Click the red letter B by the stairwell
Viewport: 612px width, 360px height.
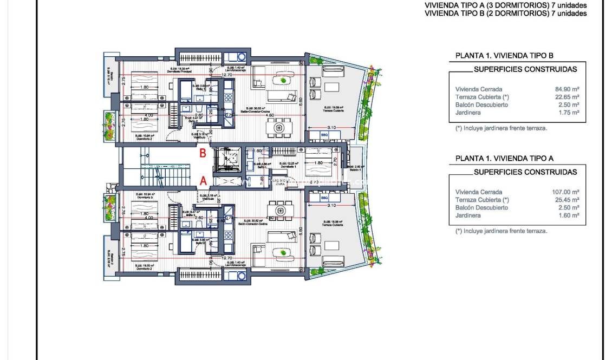pos(203,153)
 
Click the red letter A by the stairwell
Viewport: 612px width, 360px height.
pos(203,181)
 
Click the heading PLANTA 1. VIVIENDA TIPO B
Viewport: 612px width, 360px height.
pos(504,55)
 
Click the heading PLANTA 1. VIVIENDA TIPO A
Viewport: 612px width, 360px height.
pos(504,158)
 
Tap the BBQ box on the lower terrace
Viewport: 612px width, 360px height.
pos(324,198)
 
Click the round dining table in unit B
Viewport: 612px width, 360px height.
pos(279,128)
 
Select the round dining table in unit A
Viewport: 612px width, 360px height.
pos(279,210)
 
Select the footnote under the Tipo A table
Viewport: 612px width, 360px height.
pos(501,231)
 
